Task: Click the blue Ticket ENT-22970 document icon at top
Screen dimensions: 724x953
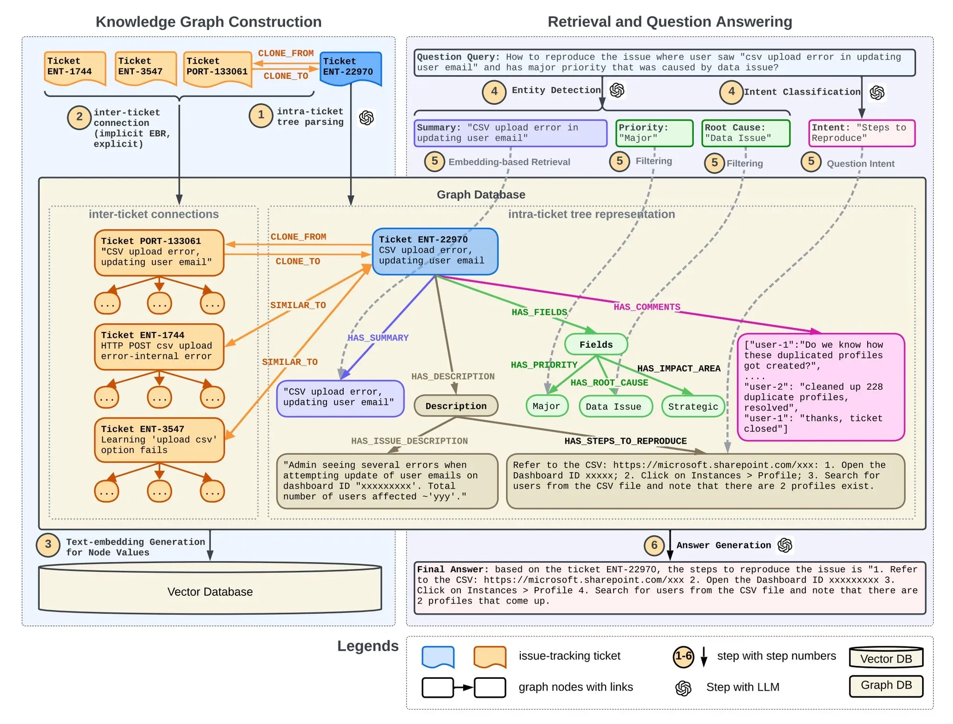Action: point(350,68)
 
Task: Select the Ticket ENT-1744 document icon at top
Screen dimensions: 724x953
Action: point(75,68)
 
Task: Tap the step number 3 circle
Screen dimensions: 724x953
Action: point(48,545)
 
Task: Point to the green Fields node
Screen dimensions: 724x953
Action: point(596,344)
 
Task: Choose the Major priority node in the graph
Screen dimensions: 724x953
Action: point(547,406)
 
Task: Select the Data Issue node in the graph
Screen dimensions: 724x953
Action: point(615,407)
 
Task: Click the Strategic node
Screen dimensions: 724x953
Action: point(693,407)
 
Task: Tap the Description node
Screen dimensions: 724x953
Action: point(456,406)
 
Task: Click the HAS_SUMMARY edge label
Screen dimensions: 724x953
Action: point(378,338)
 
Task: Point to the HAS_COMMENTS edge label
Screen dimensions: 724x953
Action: point(647,307)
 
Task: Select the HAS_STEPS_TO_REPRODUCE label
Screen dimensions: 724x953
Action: point(625,441)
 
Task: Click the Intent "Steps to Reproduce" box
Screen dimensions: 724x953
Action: point(862,133)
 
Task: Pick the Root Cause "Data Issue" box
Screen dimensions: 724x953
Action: point(746,133)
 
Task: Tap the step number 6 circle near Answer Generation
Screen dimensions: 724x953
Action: point(654,545)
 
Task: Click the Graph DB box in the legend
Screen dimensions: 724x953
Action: point(886,686)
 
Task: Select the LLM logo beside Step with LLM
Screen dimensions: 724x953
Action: point(683,688)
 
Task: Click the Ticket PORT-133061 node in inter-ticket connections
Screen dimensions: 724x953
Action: point(159,252)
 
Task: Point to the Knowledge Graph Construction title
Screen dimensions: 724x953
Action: point(209,22)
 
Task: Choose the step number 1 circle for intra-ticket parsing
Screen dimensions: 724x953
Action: point(261,115)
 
